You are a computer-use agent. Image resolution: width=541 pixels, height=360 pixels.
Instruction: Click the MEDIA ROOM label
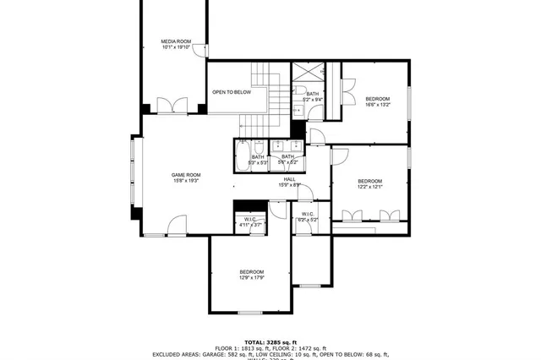177,41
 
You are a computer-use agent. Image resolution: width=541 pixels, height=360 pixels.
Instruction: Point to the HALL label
289,179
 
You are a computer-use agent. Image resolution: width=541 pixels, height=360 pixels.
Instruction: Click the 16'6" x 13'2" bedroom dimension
377,106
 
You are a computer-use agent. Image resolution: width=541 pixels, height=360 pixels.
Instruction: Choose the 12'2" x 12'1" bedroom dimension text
369,188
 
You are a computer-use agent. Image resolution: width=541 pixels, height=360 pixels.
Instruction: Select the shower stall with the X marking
304,72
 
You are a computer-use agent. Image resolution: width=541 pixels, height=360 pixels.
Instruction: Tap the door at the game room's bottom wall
177,226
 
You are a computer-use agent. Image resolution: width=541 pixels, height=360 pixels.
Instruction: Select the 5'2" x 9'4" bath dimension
312,100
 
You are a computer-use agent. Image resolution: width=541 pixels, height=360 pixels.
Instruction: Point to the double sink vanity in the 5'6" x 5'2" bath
282,145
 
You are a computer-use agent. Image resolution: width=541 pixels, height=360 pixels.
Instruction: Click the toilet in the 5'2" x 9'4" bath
300,90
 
